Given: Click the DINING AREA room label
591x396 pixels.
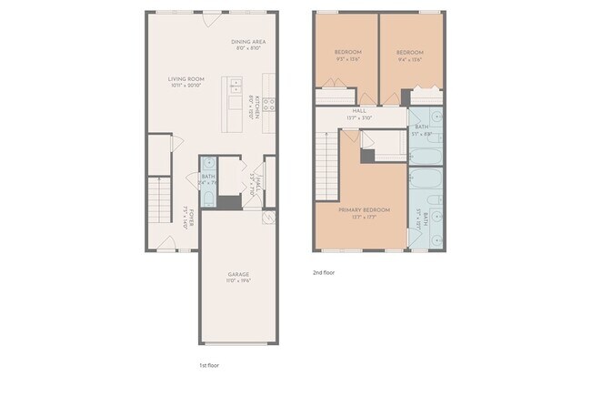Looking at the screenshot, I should tap(248, 41).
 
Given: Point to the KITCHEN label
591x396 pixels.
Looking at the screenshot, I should tap(257, 107).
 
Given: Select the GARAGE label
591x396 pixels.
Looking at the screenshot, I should tap(238, 274).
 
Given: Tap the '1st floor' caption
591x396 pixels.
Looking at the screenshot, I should tap(208, 365).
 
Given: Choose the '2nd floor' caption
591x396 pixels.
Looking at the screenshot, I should tap(324, 272).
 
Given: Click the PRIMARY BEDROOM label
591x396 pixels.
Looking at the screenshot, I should tap(364, 210).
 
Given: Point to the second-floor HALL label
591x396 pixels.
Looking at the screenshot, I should tap(359, 110).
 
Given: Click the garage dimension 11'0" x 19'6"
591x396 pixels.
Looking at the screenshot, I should tap(238, 280).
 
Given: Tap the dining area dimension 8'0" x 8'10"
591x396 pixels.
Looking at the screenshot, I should tap(248, 47).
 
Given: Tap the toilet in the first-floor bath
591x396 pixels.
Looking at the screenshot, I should tap(208, 198).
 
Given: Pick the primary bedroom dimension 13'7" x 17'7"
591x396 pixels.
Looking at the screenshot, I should tap(364, 217).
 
